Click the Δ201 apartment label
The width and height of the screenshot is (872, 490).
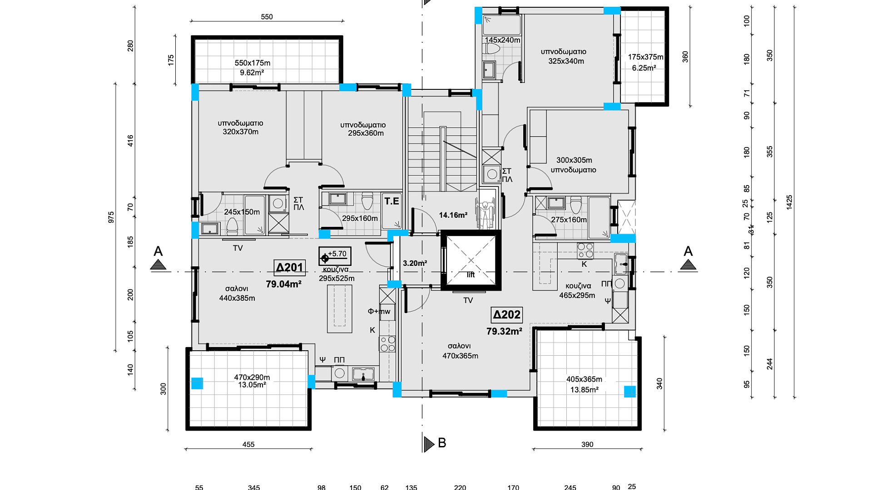click(290, 268)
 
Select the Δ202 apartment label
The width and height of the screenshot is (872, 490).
click(507, 315)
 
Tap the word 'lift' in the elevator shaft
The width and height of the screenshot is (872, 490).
click(471, 275)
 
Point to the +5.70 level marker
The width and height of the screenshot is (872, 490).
click(335, 256)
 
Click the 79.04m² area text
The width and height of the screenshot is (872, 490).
click(284, 284)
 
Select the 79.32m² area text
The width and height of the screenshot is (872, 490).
click(504, 332)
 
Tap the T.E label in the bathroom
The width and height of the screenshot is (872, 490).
click(392, 201)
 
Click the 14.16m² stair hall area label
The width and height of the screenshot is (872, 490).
click(453, 215)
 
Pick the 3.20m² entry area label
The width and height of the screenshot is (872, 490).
click(415, 263)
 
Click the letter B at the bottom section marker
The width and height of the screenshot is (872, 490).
click(442, 443)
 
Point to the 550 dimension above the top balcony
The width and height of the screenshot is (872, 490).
click(267, 17)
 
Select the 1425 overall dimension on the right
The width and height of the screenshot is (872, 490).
click(789, 202)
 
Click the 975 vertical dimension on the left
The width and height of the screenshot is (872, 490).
click(111, 217)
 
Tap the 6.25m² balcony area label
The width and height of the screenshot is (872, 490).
click(644, 68)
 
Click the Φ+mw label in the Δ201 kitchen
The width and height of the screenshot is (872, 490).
click(379, 311)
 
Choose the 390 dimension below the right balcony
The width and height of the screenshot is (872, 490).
click(587, 445)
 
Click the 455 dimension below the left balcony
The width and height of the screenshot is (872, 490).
click(248, 445)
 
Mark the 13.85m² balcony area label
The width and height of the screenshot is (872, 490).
click(585, 390)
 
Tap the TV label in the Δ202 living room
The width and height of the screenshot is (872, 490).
click(468, 300)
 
